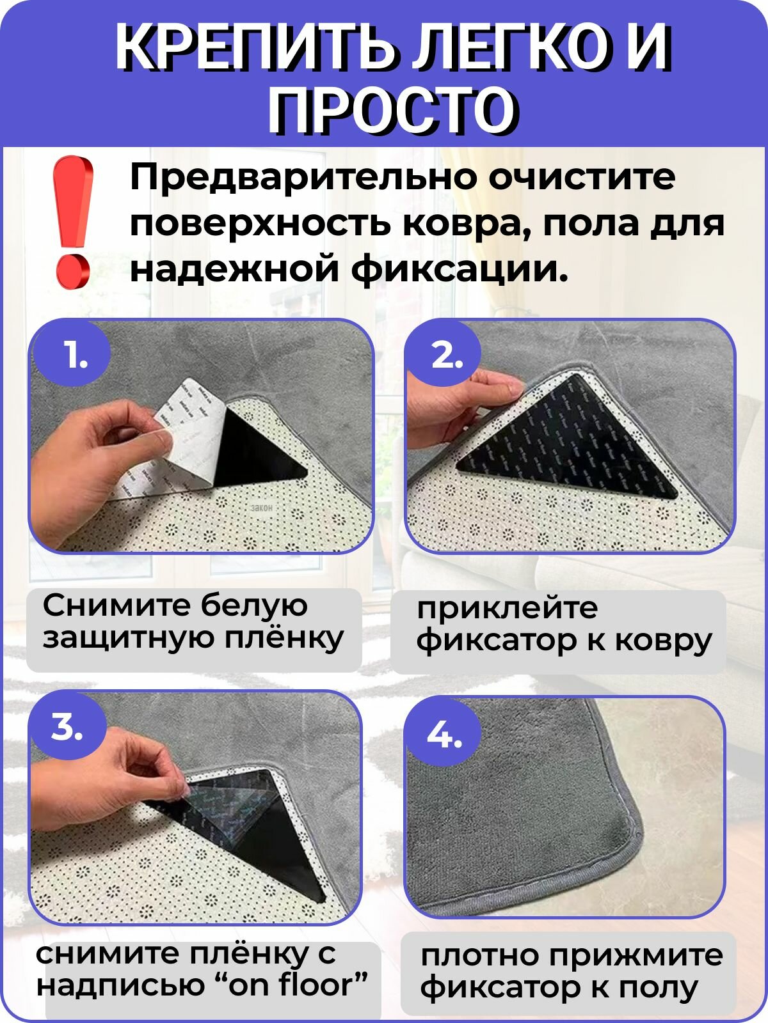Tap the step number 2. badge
pos(445,355)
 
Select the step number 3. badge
pos(67,726)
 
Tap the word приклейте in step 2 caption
pos(507,607)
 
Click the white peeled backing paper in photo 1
pos(189,441)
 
